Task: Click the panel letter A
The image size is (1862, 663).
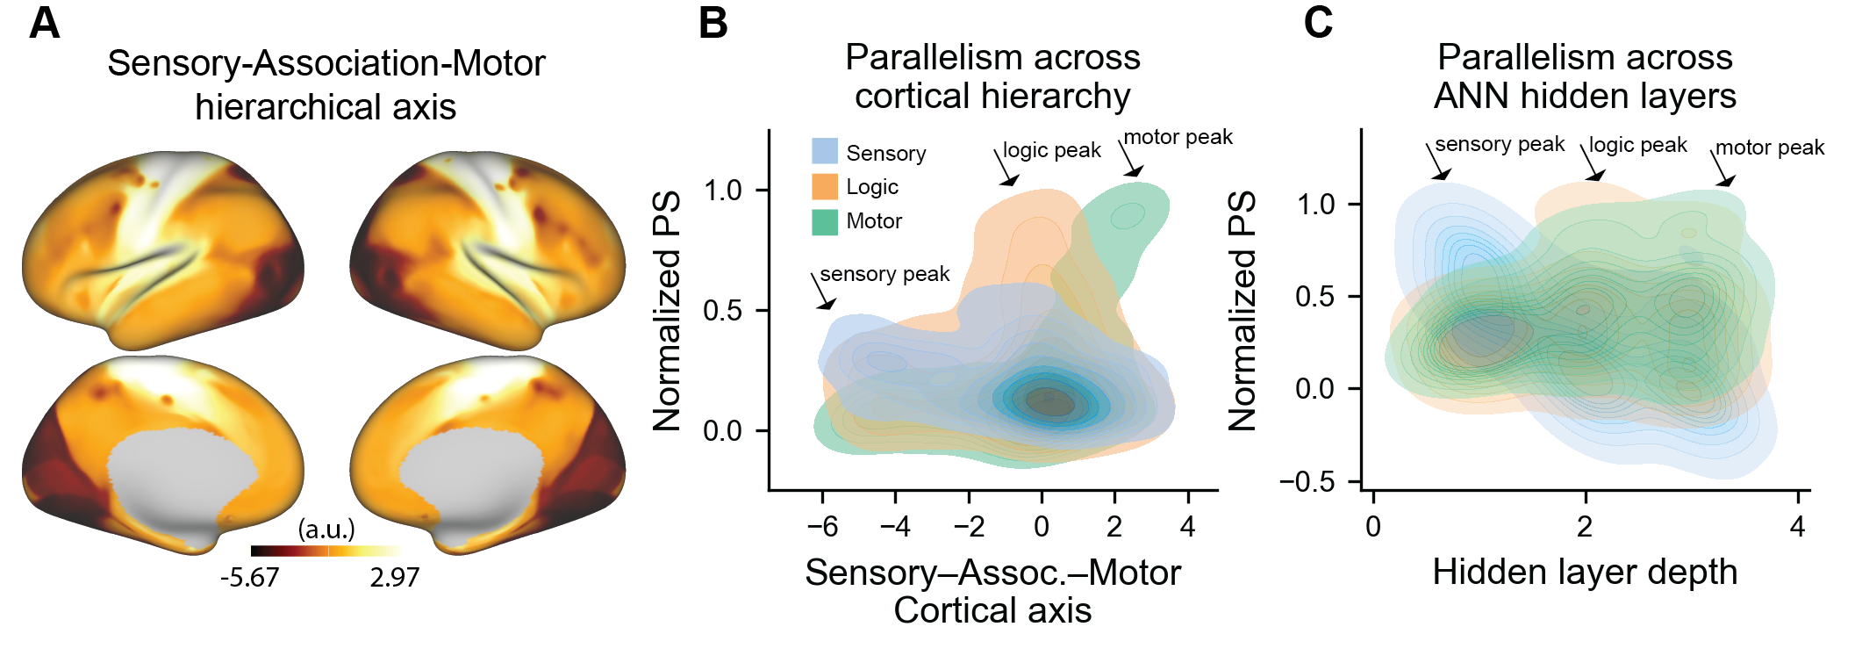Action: (45, 24)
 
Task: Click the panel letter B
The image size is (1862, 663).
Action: (713, 24)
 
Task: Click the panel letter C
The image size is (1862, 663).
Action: (1318, 24)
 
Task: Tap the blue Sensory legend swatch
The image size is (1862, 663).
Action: (824, 152)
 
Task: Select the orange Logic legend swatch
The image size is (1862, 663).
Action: (824, 186)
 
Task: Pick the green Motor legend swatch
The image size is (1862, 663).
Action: (824, 221)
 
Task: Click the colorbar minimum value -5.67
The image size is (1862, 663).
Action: (249, 578)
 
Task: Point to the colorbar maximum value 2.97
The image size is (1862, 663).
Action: (394, 578)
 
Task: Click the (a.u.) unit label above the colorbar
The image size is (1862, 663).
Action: (326, 529)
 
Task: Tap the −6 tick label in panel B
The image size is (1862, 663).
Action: (822, 527)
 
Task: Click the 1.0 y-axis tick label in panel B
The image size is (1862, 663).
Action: (722, 191)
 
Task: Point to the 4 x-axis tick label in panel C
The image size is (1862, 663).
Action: (1797, 527)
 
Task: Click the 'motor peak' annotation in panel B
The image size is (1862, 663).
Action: (1178, 138)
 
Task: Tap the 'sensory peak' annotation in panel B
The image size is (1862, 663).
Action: (884, 275)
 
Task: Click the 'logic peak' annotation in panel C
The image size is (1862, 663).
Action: (1637, 146)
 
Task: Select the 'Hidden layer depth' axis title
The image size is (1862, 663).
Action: (1585, 573)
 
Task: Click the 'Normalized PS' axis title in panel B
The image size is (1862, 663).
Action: (668, 311)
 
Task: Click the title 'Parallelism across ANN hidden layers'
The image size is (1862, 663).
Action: (1585, 76)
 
